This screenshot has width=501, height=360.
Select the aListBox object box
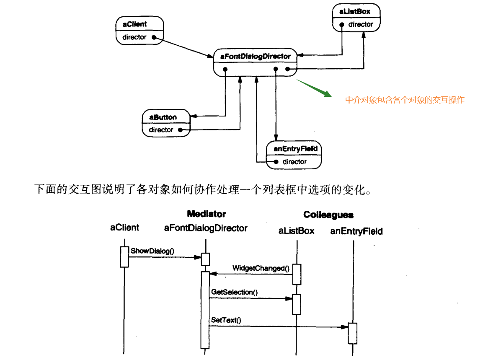click(x=357, y=18)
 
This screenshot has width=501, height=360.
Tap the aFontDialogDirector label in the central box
click(x=252, y=56)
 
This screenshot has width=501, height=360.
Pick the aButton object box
click(x=166, y=124)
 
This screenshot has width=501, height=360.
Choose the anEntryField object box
click(x=294, y=155)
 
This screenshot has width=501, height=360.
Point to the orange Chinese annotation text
click(x=404, y=100)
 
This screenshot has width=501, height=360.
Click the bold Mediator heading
click(x=207, y=214)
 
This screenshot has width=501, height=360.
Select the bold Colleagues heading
click(x=328, y=215)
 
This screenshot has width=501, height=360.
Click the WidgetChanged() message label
click(x=261, y=268)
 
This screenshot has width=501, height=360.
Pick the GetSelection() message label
click(x=234, y=292)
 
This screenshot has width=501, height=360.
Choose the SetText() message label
click(x=226, y=320)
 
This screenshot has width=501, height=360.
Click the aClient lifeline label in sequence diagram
click(x=124, y=228)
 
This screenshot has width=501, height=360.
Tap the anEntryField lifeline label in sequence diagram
click(x=356, y=231)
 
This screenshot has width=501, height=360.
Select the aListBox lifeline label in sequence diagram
click(x=296, y=231)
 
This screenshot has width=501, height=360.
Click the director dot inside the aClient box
click(x=154, y=37)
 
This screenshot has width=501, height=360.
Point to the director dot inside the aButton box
click(x=180, y=130)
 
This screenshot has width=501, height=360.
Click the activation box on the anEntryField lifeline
click(x=353, y=333)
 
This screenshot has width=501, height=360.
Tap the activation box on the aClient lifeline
click(x=124, y=256)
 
